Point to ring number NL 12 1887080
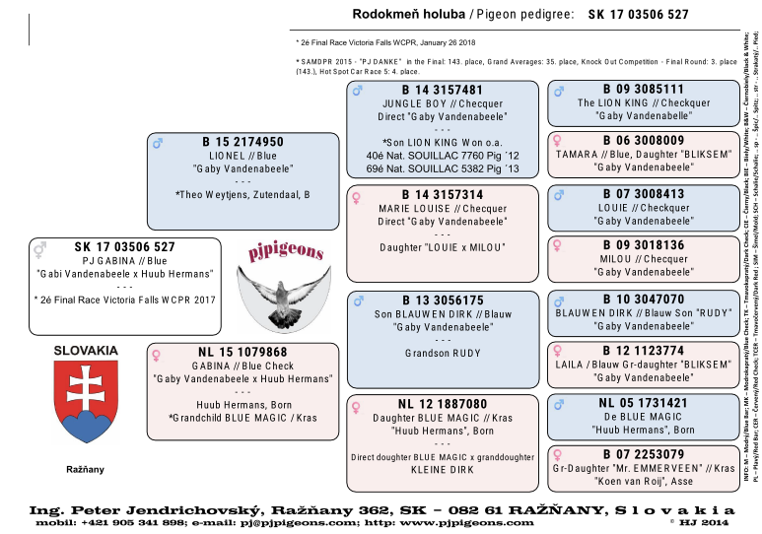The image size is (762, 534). [442, 404]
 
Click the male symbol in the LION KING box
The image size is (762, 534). [559, 91]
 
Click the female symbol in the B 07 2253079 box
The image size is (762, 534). [558, 454]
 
